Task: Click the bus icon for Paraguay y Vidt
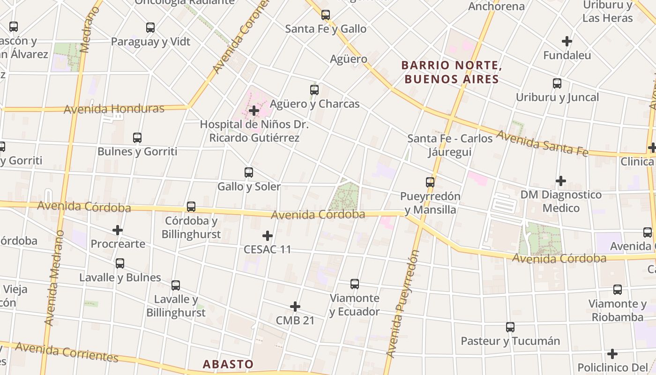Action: click(150, 28)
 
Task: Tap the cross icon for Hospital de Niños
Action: click(254, 111)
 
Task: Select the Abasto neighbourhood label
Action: click(228, 364)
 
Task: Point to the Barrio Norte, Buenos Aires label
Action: click(452, 72)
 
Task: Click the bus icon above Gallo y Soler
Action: click(249, 172)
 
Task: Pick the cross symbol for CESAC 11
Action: click(268, 235)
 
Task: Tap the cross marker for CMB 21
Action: click(295, 307)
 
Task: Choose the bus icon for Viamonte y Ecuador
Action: click(355, 284)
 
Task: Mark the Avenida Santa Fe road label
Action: click(542, 143)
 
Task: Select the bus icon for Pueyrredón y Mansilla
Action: click(430, 182)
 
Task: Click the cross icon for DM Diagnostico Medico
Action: click(561, 180)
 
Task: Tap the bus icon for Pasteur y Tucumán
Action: click(510, 327)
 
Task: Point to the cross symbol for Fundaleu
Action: click(567, 41)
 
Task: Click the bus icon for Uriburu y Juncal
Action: click(557, 83)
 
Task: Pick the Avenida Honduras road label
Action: click(114, 109)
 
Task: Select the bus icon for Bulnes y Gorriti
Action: click(137, 138)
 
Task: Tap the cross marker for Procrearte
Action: click(118, 230)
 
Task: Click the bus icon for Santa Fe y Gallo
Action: click(326, 15)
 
